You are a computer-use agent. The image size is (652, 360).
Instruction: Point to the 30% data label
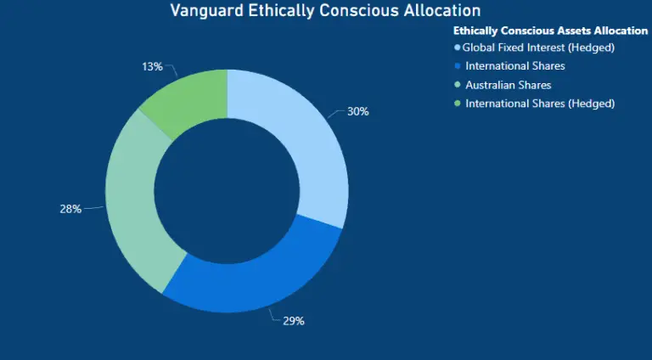coord(357,111)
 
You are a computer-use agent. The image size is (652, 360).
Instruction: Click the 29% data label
coord(293,322)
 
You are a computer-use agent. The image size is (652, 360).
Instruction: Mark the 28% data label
coord(70,208)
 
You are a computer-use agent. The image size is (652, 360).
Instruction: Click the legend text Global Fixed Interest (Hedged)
coord(538,48)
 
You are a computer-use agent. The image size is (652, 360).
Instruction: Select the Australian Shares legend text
coord(508,85)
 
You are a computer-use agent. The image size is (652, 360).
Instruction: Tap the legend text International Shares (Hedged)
coord(540,104)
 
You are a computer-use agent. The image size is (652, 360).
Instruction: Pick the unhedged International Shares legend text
coord(515,66)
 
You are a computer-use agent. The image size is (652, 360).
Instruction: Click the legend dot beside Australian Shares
coord(458,85)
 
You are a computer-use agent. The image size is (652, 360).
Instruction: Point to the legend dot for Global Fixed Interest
coord(458,48)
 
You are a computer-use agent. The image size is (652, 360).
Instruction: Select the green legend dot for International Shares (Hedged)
coord(458,104)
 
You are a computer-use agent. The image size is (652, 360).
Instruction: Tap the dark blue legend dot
coord(458,66)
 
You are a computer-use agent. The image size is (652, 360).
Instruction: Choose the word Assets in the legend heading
coord(561,31)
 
